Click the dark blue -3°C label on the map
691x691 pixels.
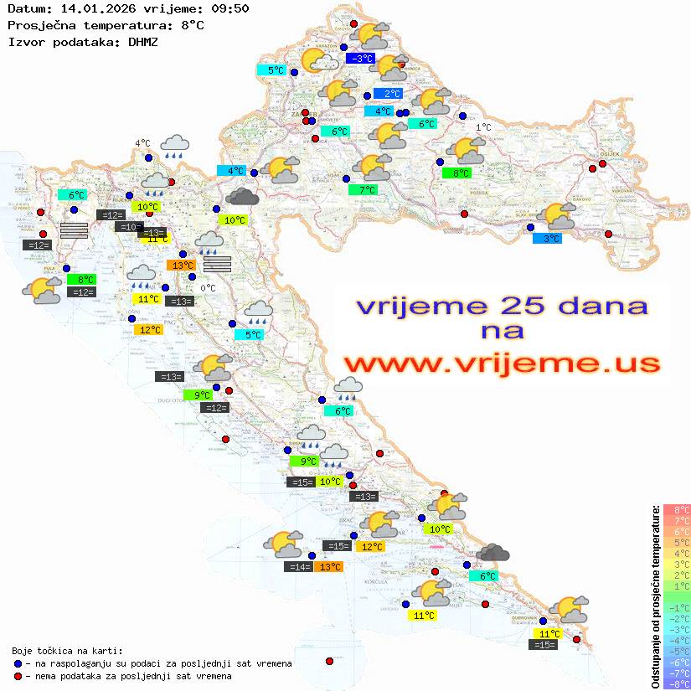tap(360, 59)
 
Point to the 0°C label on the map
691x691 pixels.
tap(208, 288)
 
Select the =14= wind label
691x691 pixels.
tap(299, 567)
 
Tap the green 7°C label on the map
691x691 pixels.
tap(364, 190)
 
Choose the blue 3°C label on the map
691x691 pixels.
tap(547, 239)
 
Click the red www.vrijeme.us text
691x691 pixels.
tap(502, 364)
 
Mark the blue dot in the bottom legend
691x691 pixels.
tap(18, 663)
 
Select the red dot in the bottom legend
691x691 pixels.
tap(18, 676)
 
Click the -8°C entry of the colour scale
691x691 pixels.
tap(675, 684)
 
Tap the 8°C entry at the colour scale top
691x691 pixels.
tap(675, 509)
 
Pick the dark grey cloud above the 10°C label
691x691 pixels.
tap(242, 196)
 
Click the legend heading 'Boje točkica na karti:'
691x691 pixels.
tap(67, 651)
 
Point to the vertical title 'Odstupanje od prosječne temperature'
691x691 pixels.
tap(655, 596)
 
